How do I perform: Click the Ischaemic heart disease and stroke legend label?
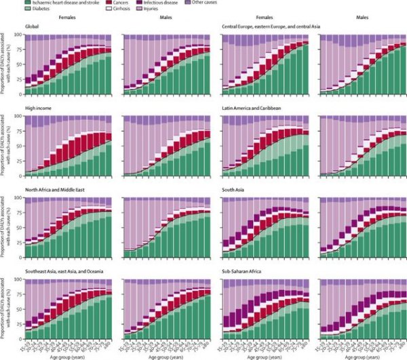coord(65,4)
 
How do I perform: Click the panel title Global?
coord(31,25)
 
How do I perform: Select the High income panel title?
coord(37,106)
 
